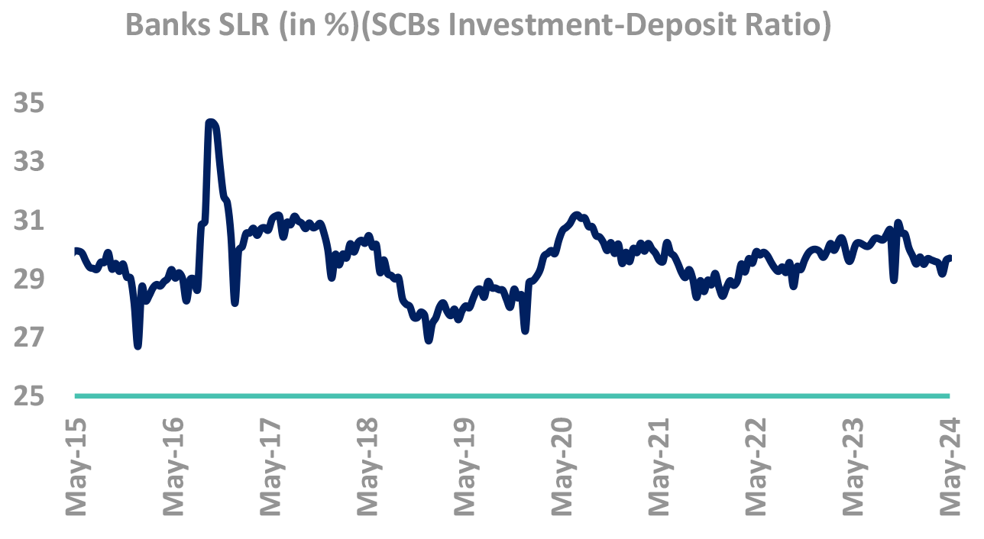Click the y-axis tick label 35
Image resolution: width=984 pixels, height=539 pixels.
(x=29, y=104)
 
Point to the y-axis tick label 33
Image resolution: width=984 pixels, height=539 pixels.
(x=29, y=163)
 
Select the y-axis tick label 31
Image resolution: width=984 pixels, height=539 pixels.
(x=29, y=221)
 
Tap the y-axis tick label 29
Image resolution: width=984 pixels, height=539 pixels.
(x=29, y=279)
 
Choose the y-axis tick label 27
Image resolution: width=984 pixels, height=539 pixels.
(x=29, y=338)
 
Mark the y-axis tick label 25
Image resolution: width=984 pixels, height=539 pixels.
(x=29, y=397)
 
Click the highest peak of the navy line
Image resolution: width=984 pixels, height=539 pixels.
(x=212, y=122)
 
